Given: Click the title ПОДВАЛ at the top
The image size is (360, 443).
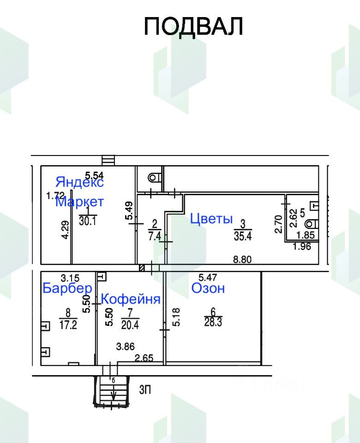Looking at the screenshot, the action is [x=193, y=26].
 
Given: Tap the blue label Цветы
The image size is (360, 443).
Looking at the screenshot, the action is [x=211, y=219].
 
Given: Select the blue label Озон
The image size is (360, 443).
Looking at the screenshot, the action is [x=208, y=288].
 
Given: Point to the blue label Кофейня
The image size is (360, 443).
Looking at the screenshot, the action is [x=131, y=299].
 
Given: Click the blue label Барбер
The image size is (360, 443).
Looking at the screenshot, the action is [x=67, y=288].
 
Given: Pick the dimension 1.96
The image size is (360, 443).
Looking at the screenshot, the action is [x=302, y=246].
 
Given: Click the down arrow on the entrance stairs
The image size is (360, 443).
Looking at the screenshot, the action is [x=113, y=395].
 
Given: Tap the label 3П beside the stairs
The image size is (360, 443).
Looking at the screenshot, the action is [x=145, y=390].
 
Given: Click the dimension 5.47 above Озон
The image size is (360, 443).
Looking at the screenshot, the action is [x=208, y=277].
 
